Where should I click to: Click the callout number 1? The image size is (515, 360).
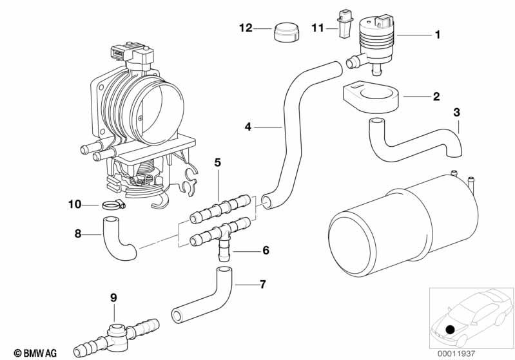click(437, 35)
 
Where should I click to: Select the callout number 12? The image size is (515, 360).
click(246, 28)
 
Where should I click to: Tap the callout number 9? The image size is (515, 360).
click(113, 298)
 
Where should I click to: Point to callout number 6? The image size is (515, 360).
click(266, 251)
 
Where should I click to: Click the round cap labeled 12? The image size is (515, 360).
click(286, 32)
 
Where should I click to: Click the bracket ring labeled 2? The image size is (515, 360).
click(370, 97)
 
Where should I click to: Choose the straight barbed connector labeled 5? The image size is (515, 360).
click(220, 209)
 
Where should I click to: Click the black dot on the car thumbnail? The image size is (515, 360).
click(451, 330)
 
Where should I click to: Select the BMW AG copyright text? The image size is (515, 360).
click(35, 353)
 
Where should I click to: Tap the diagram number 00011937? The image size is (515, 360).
click(456, 354)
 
